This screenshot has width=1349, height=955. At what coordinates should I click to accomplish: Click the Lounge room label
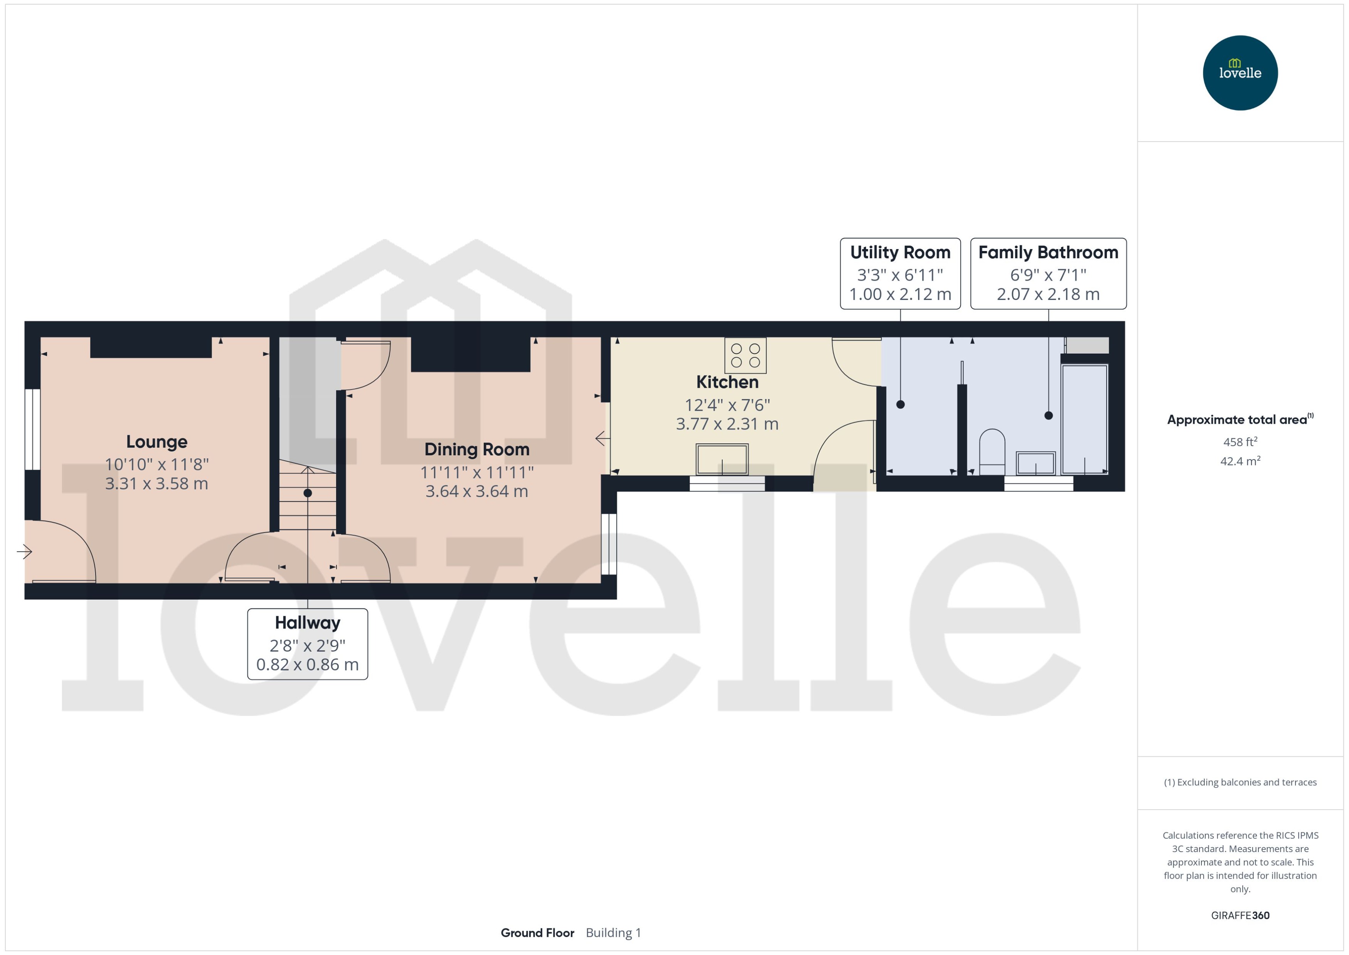[156, 441]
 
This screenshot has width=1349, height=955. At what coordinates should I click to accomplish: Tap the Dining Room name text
[477, 449]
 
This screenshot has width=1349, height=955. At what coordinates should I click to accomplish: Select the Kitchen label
[727, 382]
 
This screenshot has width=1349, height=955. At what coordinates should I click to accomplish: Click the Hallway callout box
[308, 644]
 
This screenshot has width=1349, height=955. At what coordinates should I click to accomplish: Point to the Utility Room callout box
[900, 273]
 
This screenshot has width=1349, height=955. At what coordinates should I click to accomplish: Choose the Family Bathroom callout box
[1048, 273]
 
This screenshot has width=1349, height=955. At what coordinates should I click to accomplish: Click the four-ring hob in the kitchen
[745, 355]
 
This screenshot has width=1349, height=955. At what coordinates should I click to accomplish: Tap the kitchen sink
[722, 459]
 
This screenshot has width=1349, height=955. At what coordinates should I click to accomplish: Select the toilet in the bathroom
[992, 451]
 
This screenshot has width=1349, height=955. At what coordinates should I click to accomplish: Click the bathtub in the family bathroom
[1085, 419]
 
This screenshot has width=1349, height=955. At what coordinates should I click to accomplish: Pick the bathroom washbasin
[1036, 463]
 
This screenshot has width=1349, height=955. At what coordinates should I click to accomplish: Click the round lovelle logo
[1240, 73]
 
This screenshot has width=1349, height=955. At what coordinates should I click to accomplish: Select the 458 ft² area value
[1240, 441]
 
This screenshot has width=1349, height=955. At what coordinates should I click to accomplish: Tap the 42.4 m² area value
[1240, 461]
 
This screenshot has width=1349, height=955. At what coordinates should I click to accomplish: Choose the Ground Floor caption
[537, 933]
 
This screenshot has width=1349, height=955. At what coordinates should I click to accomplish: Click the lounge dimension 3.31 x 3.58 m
[156, 483]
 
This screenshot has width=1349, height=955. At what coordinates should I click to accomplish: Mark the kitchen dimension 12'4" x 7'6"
[727, 404]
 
